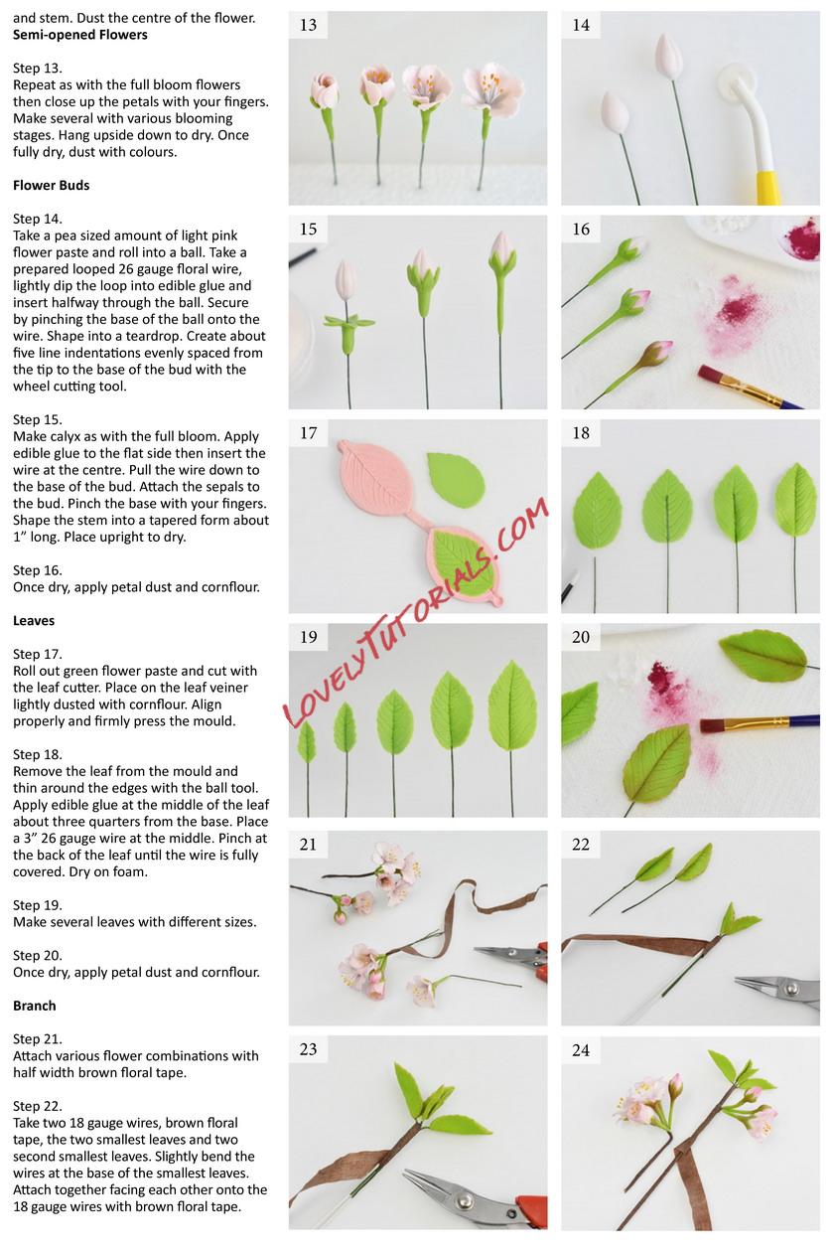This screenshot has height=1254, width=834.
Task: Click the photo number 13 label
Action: [x=308, y=25]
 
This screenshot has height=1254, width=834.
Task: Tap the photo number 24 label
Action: [x=581, y=1050]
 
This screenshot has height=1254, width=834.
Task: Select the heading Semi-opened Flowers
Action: [x=80, y=35]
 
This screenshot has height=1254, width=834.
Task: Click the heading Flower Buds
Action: [x=51, y=185]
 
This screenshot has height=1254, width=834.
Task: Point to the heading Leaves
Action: [x=34, y=620]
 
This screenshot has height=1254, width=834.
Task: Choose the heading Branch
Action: [x=34, y=1006]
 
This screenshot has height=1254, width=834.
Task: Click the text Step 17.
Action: [x=38, y=655]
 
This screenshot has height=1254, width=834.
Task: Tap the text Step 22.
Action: [x=38, y=1106]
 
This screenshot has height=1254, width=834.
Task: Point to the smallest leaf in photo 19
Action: [x=307, y=741]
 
